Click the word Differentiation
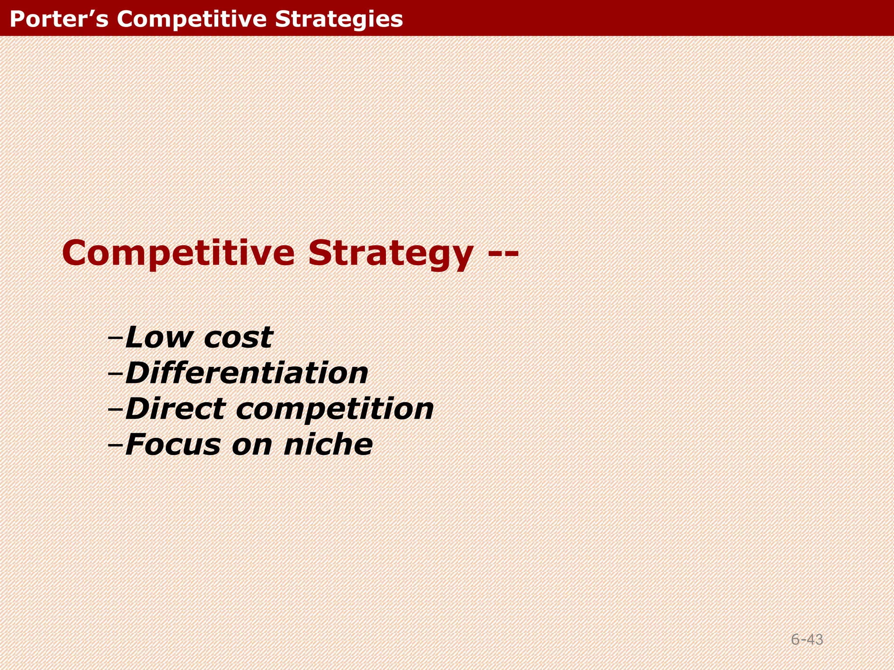tap(247, 373)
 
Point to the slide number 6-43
tap(807, 639)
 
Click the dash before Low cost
tap(116, 337)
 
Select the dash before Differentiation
tap(116, 373)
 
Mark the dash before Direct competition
tap(116, 409)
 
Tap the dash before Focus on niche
tap(116, 445)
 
